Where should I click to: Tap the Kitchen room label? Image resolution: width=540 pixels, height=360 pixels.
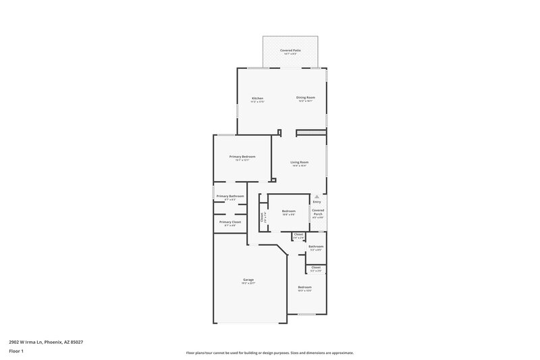pos(257,98)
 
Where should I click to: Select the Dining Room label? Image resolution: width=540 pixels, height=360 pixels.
pos(306,97)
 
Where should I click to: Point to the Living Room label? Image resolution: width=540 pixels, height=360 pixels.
pos(300,162)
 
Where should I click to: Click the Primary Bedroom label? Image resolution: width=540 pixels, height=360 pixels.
pos(242,157)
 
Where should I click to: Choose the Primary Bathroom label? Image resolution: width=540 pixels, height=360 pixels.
pos(230,196)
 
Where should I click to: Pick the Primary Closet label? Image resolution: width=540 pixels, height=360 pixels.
pos(230,222)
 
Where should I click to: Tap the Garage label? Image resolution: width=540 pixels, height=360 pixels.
pos(248,280)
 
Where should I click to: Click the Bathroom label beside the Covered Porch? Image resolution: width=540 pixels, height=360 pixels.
pos(316,247)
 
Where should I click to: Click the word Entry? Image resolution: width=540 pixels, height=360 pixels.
pos(317,202)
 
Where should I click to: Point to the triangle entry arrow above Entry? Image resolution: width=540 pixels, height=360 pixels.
pos(317,197)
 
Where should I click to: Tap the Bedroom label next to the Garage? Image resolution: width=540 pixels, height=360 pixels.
pos(305,287)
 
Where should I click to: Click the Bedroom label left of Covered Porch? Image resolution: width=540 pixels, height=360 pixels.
pos(289,211)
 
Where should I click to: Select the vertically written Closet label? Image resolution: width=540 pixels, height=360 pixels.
pos(262,217)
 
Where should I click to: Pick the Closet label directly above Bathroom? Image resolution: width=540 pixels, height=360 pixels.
pos(298,234)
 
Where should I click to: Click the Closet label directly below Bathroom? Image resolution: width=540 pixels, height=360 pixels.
pos(316,267)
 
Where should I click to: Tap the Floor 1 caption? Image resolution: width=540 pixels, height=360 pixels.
pos(16,352)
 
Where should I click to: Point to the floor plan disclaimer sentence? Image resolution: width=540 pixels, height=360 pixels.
pos(269,353)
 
